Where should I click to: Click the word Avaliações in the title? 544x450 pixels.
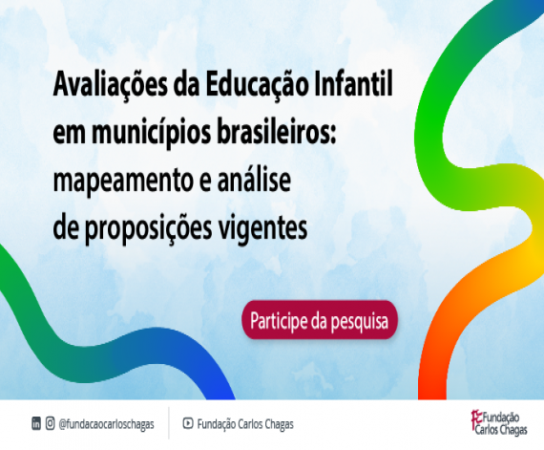(x=110, y=86)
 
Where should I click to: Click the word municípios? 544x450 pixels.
(x=151, y=135)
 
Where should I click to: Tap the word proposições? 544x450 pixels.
(x=149, y=229)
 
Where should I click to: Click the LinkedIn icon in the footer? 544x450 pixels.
(x=36, y=423)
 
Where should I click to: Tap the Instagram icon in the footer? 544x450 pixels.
(x=51, y=423)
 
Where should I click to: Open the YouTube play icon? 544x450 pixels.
(x=188, y=423)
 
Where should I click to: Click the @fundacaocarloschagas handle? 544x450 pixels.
(x=107, y=424)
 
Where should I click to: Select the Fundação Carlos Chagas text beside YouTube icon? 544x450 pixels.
(x=245, y=424)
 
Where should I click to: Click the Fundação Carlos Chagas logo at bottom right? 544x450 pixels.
(x=499, y=423)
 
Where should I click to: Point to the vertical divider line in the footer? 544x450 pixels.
(x=169, y=423)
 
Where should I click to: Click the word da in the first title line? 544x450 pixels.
(x=186, y=84)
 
